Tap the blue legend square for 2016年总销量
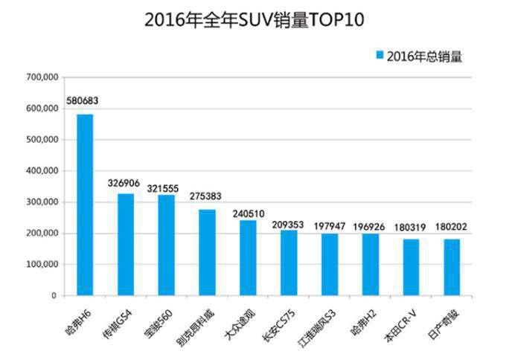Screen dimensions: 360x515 coord(380,56)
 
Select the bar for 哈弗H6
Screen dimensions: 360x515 coord(85,205)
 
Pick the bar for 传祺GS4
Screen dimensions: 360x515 coord(126,245)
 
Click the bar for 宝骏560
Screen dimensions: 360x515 coord(167,245)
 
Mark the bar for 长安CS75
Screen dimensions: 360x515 coord(289,263)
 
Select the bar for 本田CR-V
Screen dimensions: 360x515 coord(411,267)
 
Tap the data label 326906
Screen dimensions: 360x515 coord(125,182)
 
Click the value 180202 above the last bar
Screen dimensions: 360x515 coord(452,228)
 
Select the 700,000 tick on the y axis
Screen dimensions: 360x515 coord(42,77)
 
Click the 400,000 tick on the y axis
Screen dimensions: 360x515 coord(42,171)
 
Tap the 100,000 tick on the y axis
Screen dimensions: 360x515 coord(42,265)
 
